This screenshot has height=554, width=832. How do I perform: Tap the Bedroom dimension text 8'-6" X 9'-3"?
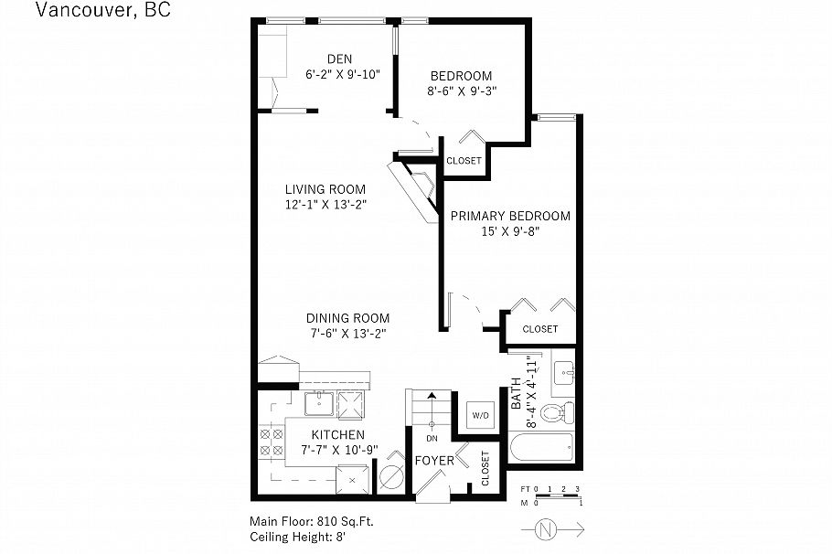point(461,91)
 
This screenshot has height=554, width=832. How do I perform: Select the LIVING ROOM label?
point(325,189)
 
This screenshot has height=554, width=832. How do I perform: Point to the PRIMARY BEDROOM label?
point(510,216)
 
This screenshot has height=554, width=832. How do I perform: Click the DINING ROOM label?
point(347,318)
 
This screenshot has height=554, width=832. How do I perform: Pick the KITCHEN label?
point(338,434)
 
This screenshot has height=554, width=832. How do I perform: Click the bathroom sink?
point(564,372)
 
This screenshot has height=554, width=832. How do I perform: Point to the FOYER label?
point(434,461)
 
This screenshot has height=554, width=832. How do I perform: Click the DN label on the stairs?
point(432,438)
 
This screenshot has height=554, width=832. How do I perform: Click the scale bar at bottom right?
point(550,496)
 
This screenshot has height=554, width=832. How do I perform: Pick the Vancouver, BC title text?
point(101,11)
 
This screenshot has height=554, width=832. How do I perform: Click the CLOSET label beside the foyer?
point(485,467)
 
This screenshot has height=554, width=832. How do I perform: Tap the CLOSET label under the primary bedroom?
point(539,329)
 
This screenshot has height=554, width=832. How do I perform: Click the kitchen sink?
point(317,401)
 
